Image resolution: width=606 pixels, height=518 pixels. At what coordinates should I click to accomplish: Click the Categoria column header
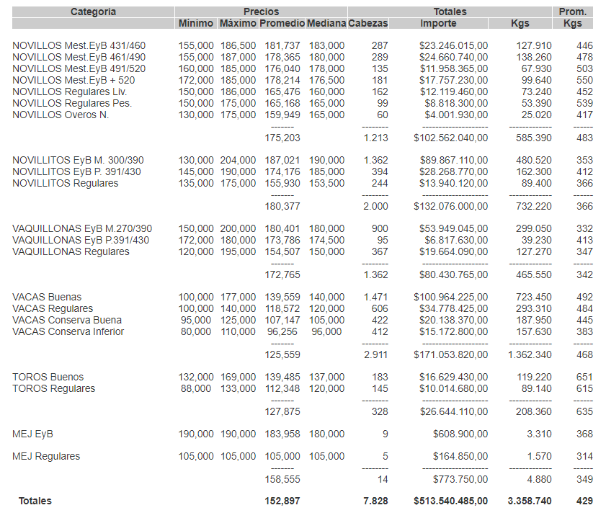[93, 12]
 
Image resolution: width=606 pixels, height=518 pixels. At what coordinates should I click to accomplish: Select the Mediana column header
[326, 24]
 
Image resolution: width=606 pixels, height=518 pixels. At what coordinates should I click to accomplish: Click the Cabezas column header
[367, 24]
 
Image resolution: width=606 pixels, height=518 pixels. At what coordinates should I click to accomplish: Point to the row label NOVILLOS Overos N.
[61, 115]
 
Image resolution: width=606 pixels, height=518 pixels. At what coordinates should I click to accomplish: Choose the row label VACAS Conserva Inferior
[68, 331]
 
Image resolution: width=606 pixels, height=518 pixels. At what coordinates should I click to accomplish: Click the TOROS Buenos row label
[48, 377]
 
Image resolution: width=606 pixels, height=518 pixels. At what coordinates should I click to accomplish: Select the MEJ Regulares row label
[46, 456]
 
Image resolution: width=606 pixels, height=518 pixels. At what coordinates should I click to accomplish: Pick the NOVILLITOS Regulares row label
[65, 183]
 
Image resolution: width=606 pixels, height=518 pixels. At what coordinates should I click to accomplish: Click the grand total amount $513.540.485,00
[450, 501]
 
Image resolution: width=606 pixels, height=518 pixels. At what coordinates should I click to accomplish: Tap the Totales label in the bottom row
[35, 501]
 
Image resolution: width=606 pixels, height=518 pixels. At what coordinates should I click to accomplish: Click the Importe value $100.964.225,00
[450, 297]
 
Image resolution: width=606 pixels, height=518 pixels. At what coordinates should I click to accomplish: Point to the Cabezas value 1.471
[375, 297]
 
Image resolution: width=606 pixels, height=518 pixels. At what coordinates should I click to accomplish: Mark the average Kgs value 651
[584, 377]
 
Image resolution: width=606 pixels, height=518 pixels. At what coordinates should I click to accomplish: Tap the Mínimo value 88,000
[196, 388]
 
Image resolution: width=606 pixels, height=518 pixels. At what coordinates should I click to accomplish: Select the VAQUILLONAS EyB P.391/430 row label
[81, 240]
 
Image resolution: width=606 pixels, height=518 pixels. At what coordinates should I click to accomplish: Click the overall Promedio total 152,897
[282, 501]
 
